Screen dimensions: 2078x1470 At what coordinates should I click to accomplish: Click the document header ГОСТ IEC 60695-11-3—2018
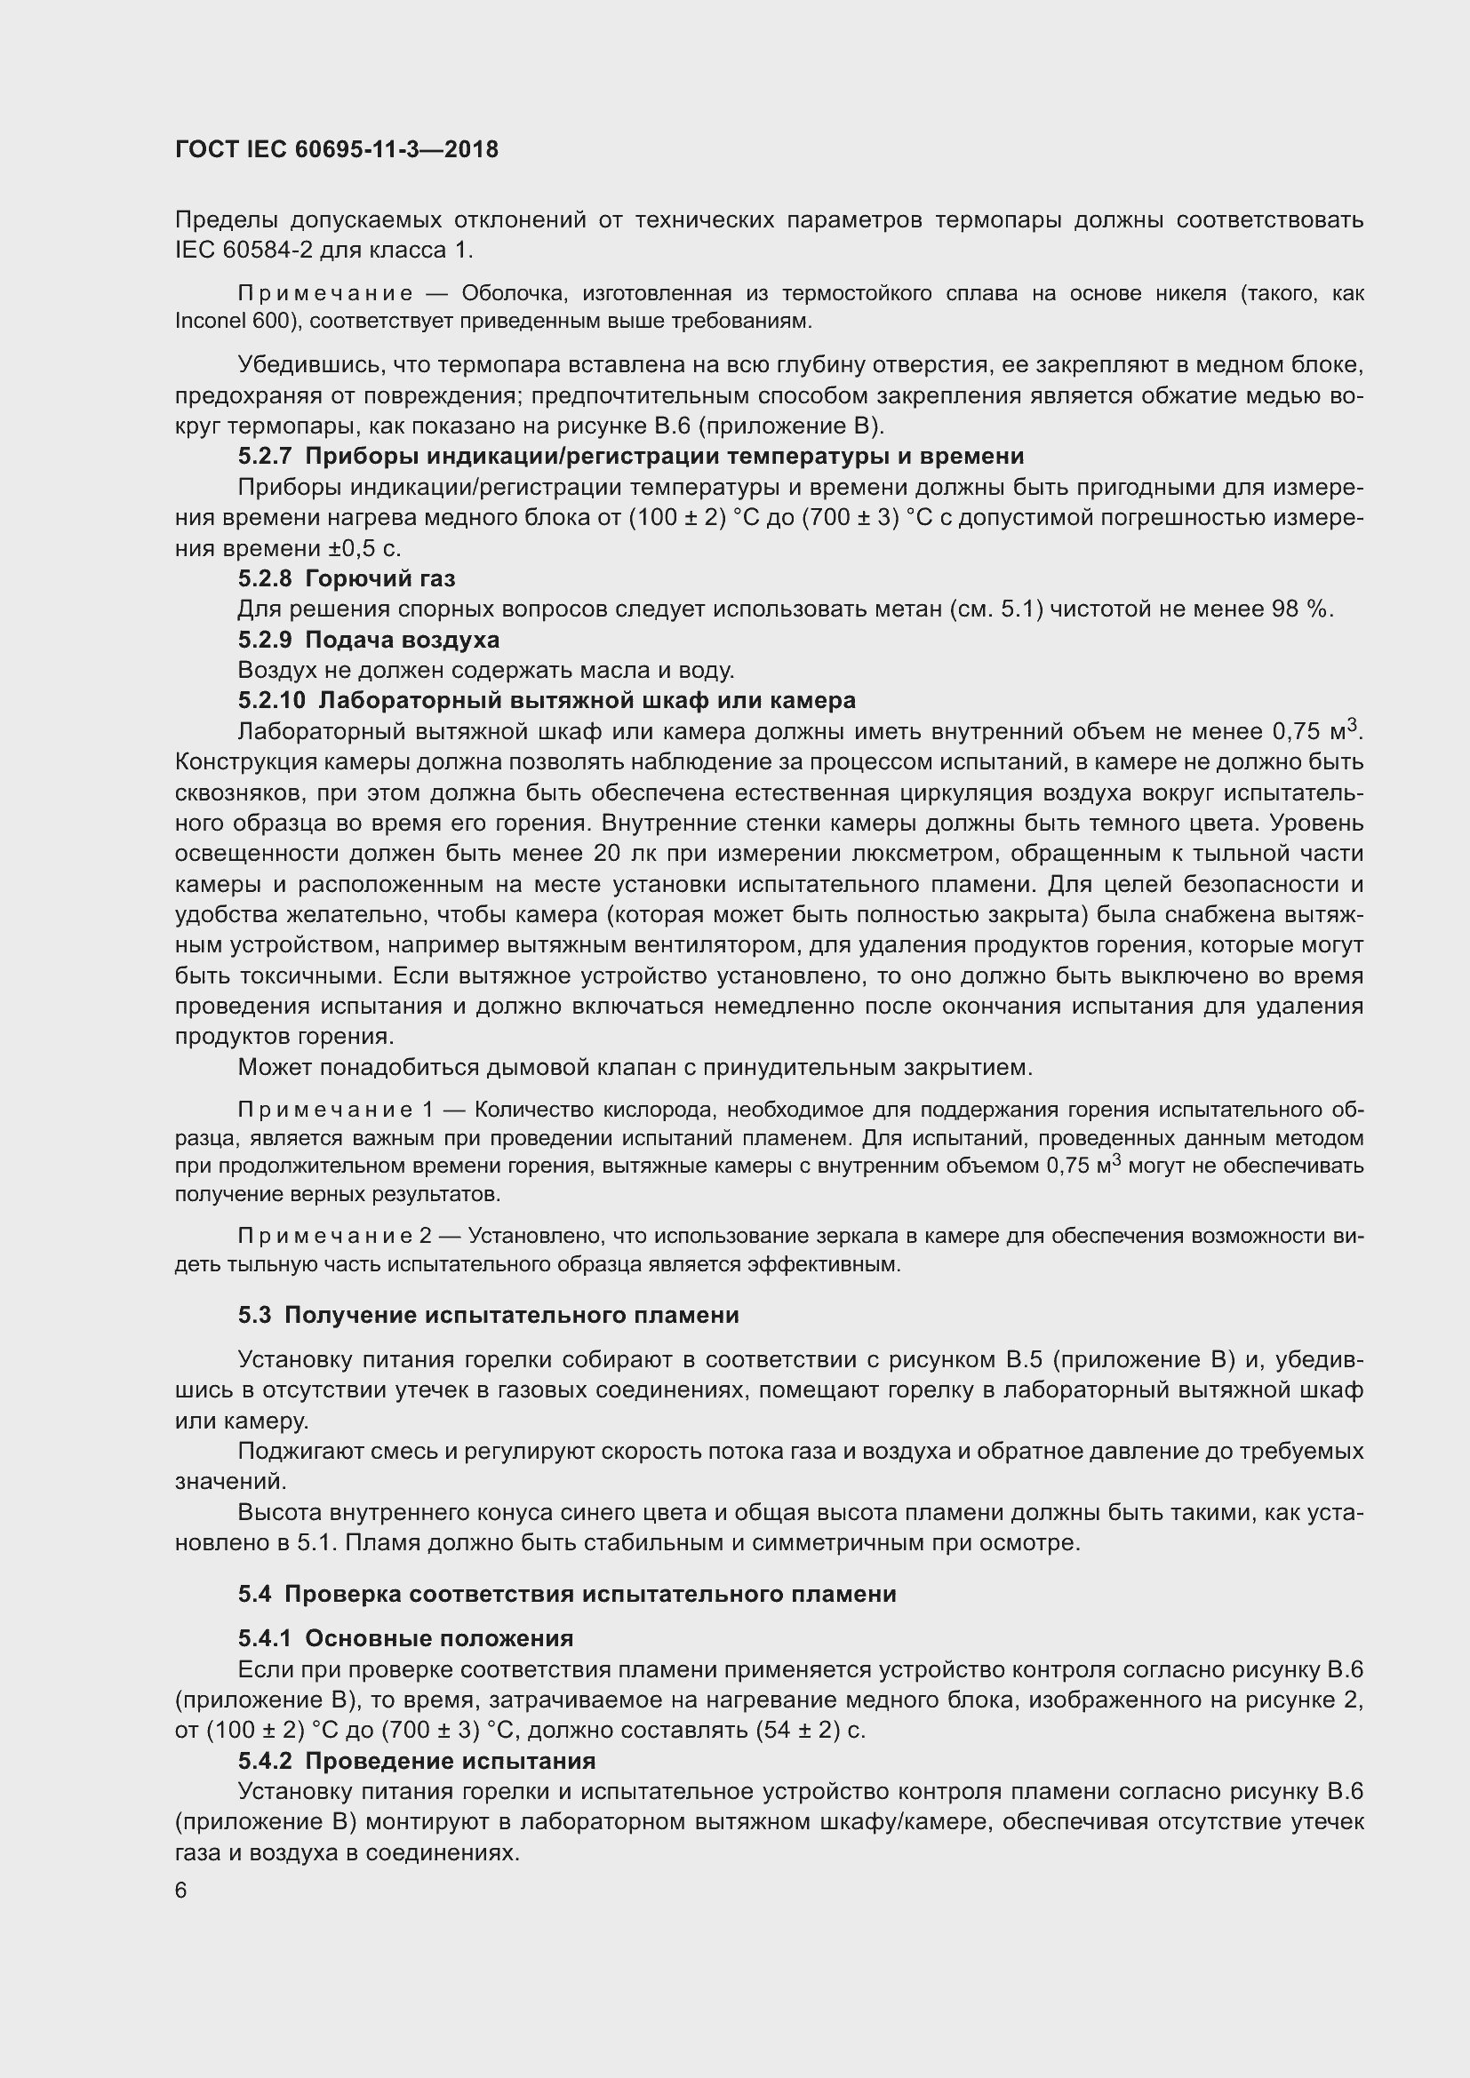(336, 149)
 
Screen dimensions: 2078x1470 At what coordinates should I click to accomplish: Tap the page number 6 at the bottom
(181, 1890)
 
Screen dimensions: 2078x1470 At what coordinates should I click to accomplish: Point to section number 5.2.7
(265, 456)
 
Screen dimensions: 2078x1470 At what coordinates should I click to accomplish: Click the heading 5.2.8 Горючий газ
(347, 578)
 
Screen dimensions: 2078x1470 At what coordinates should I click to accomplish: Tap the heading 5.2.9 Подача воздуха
(369, 640)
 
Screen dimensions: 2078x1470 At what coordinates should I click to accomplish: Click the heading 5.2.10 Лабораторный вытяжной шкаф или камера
(547, 700)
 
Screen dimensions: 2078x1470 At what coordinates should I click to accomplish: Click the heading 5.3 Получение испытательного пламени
(489, 1315)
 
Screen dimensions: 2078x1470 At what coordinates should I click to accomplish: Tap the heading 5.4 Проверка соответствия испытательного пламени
(567, 1594)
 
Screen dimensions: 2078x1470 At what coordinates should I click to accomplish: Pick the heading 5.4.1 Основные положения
(405, 1639)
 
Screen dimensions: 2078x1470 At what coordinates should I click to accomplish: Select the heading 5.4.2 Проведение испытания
(416, 1761)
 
